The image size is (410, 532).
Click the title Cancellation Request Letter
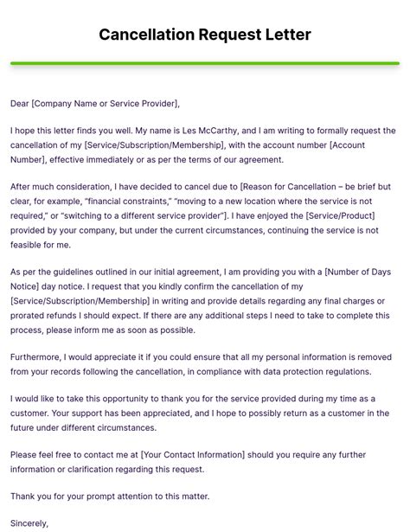[205, 35]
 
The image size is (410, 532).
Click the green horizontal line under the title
[205, 63]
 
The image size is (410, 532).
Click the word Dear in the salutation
[20, 104]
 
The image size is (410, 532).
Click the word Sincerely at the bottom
[29, 522]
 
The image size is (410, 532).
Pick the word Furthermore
[40, 357]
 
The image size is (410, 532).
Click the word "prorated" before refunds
[30, 316]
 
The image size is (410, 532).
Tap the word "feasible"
[29, 245]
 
